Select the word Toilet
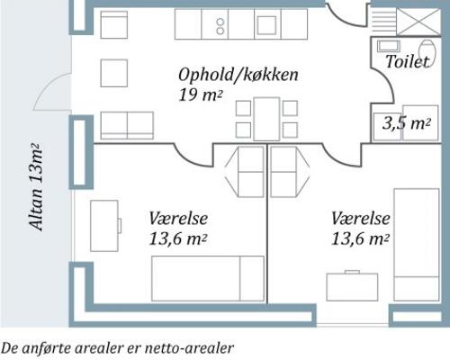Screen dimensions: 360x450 click(x=407, y=61)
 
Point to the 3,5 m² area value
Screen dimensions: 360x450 click(x=406, y=124)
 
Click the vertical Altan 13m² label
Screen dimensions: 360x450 click(x=37, y=187)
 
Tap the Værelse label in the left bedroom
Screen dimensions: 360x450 click(x=178, y=219)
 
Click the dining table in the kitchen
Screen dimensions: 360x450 click(x=266, y=119)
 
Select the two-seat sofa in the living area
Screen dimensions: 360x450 click(x=126, y=125)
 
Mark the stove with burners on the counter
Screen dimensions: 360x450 click(x=219, y=25)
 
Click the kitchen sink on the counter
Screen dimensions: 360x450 click(x=268, y=24)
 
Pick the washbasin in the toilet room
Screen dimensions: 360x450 click(x=389, y=46)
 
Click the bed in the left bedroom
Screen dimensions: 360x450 click(x=207, y=278)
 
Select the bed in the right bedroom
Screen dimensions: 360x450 click(x=416, y=243)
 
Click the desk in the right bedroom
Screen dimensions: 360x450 click(x=352, y=286)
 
